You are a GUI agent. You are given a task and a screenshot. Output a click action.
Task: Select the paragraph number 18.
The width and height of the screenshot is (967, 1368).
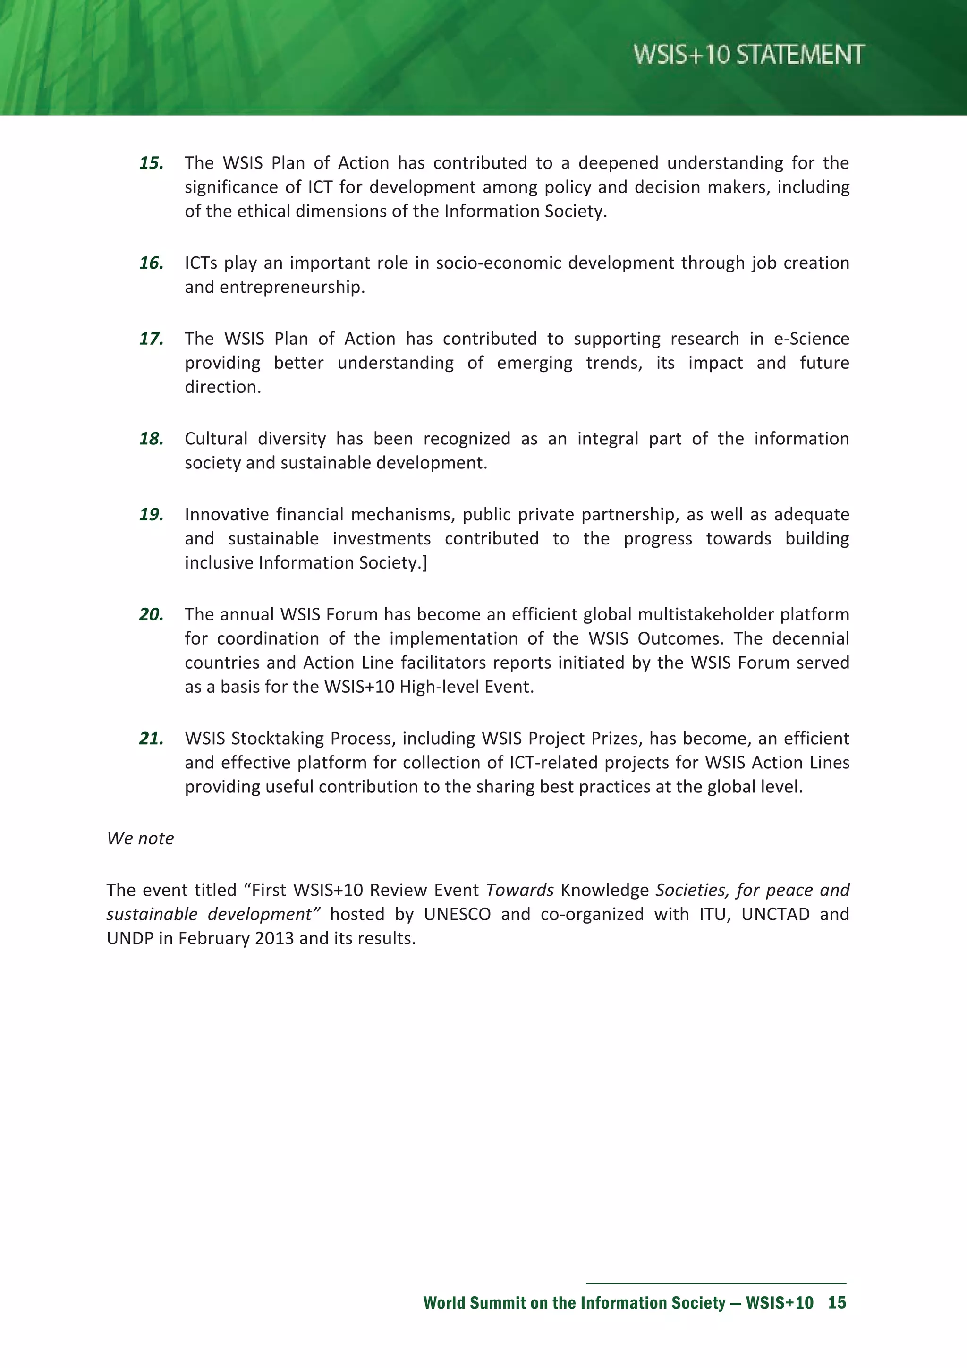click(152, 439)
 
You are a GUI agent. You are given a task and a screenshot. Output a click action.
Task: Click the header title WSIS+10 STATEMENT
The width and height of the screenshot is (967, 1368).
click(748, 55)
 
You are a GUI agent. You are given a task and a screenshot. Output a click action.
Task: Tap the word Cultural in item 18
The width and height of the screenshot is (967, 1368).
click(216, 439)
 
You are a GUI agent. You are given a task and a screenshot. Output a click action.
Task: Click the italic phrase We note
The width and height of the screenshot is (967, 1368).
click(141, 838)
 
